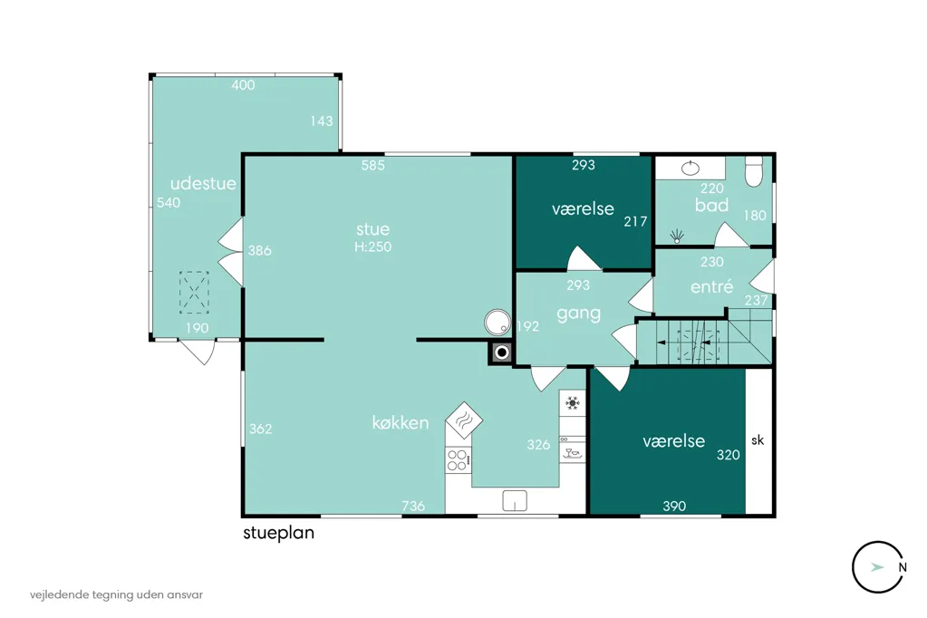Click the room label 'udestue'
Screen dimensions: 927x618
click(x=203, y=183)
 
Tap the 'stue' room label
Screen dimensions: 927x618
click(x=372, y=229)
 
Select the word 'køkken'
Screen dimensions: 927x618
click(x=401, y=422)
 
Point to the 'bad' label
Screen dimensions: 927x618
click(x=711, y=205)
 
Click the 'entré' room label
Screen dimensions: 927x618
click(x=712, y=286)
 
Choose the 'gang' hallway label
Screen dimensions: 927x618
click(x=578, y=314)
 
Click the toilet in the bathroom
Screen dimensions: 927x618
click(x=754, y=171)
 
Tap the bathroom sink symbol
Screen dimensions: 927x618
click(x=690, y=169)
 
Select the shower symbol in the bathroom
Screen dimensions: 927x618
click(x=677, y=237)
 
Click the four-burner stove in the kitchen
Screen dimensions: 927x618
click(x=459, y=460)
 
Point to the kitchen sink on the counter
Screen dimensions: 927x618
click(x=515, y=500)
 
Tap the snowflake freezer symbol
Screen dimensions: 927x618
click(x=573, y=403)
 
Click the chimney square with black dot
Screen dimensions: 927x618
click(x=502, y=353)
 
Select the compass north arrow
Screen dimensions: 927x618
click(x=877, y=567)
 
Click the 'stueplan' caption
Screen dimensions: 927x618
click(x=278, y=533)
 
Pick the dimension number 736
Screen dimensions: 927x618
click(x=413, y=506)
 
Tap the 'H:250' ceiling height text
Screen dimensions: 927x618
click(x=373, y=246)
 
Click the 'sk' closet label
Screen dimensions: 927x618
click(x=758, y=440)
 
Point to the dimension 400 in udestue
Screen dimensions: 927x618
click(x=243, y=85)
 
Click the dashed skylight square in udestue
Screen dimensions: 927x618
click(x=194, y=292)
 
